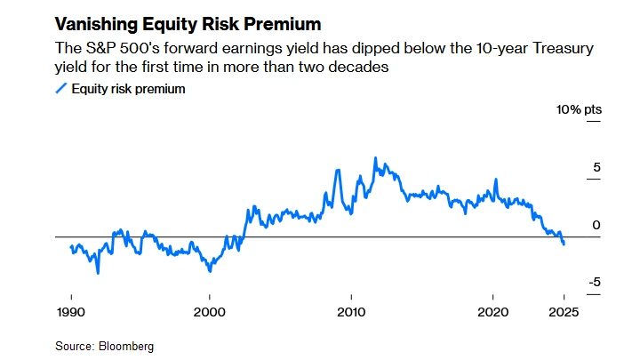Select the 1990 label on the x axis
71,311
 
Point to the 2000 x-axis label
210,311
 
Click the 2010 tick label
352,311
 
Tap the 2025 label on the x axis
564,311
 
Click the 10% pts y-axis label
579,109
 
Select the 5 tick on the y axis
596,167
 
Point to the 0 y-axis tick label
596,225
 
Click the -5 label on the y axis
595,283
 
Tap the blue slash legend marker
60,88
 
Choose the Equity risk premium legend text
128,88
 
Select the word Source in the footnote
76,346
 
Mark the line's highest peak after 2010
375,158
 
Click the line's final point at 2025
564,244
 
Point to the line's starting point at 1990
70,245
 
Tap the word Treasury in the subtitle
572,47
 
